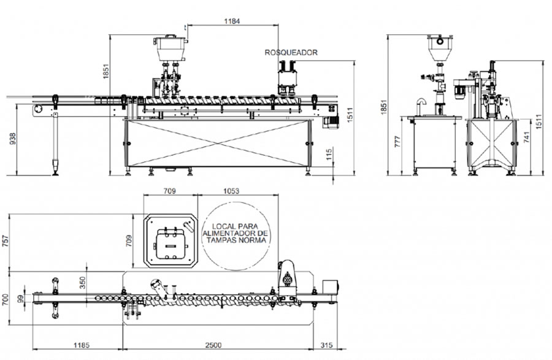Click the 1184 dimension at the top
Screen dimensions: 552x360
coord(232,21)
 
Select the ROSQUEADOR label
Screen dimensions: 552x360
coord(291,52)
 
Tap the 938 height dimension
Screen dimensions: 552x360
coord(12,140)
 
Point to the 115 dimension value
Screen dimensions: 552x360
coord(329,155)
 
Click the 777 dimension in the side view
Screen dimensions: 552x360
coord(397,142)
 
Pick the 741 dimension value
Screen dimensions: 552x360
coord(526,137)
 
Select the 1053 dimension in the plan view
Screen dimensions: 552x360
coord(231,191)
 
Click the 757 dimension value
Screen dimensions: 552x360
coord(6,242)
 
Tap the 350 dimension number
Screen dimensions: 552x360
coord(82,283)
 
